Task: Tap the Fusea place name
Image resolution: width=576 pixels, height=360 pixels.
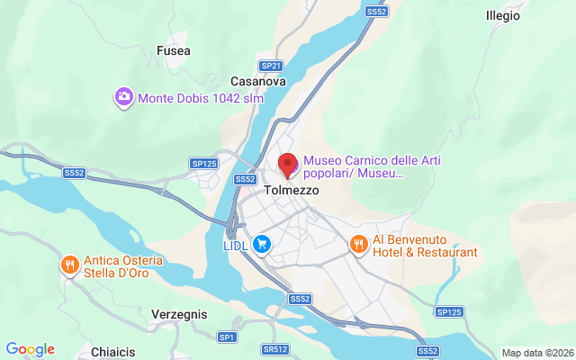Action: [x=173, y=50]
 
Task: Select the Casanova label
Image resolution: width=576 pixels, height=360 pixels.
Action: [x=258, y=81]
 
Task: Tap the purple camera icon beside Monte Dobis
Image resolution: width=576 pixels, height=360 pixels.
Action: [x=124, y=96]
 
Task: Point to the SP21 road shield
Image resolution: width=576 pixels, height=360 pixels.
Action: [x=271, y=66]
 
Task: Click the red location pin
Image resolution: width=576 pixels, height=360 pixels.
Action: [x=288, y=165]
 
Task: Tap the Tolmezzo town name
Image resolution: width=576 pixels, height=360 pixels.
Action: [x=292, y=191]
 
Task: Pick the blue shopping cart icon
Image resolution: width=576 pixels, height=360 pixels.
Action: [x=262, y=244]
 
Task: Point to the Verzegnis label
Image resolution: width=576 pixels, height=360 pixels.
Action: [x=179, y=315]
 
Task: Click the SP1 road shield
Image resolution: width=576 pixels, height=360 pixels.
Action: [x=227, y=337]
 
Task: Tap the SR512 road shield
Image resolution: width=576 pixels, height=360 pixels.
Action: [x=275, y=349]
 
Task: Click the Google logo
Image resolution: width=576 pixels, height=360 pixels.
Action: [x=30, y=349]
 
